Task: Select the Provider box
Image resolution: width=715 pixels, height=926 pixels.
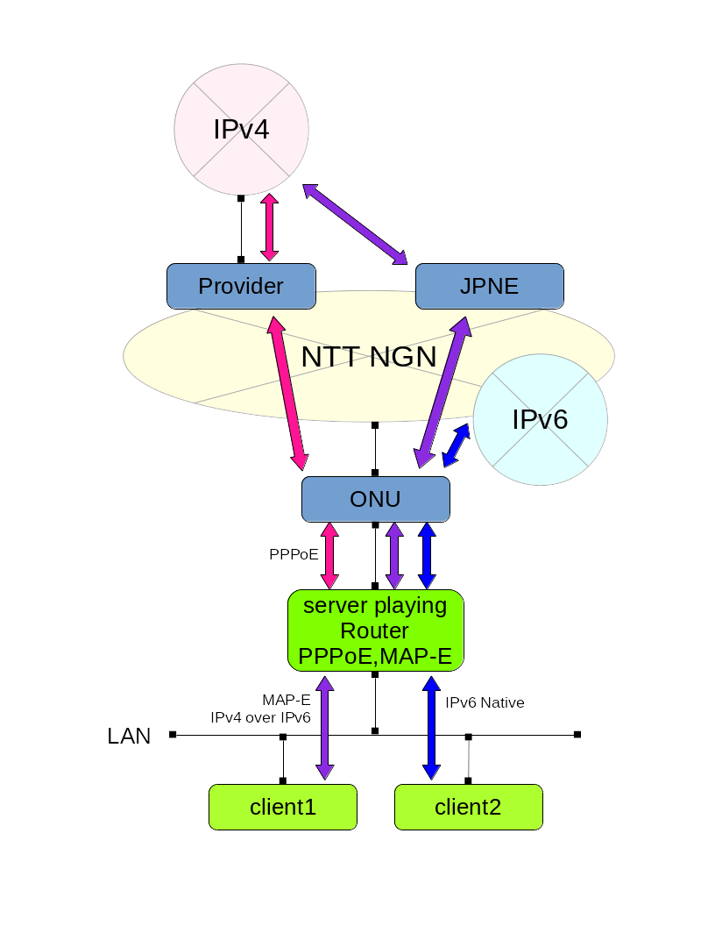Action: point(241,286)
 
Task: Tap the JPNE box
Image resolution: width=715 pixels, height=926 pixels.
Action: point(489,286)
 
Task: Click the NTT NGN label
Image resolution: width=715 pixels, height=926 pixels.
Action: point(368,357)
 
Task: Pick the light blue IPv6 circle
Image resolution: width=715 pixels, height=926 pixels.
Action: point(540,420)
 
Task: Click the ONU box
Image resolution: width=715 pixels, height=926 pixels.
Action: point(375,499)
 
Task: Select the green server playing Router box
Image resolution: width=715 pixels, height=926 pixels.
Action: point(375,630)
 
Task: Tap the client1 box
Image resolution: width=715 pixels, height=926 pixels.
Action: point(282,807)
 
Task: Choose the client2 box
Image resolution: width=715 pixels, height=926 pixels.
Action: point(468,807)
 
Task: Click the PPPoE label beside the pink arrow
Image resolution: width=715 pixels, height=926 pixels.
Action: point(294,554)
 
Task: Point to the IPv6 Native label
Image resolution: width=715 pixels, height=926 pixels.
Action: point(485,702)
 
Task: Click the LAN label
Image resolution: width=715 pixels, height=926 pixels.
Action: point(129,736)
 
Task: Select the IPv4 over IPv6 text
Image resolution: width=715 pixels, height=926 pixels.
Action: point(260,717)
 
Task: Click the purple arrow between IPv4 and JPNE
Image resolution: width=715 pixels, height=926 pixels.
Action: point(355,224)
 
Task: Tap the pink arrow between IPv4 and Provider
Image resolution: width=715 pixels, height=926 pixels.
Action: point(269,227)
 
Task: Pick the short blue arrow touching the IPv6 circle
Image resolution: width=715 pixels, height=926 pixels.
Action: point(456,445)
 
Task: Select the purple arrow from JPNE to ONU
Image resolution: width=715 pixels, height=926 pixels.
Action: point(442,392)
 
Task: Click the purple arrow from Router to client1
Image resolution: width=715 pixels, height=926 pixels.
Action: point(325,728)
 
